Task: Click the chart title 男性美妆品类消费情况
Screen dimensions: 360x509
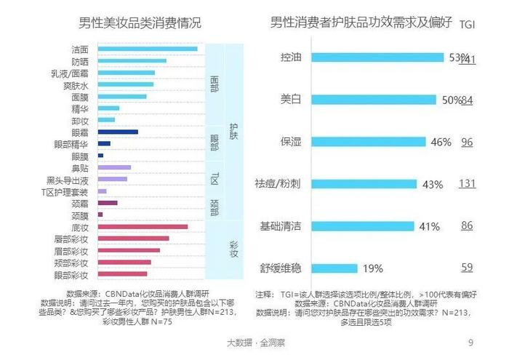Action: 139,23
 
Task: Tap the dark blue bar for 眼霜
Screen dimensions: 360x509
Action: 117,132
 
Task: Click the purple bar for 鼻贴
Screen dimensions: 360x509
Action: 113,167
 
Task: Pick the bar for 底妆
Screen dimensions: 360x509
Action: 142,227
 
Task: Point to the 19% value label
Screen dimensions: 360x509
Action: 372,268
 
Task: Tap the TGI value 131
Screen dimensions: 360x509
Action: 467,184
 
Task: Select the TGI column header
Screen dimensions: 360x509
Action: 468,25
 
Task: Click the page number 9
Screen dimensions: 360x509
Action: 470,342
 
